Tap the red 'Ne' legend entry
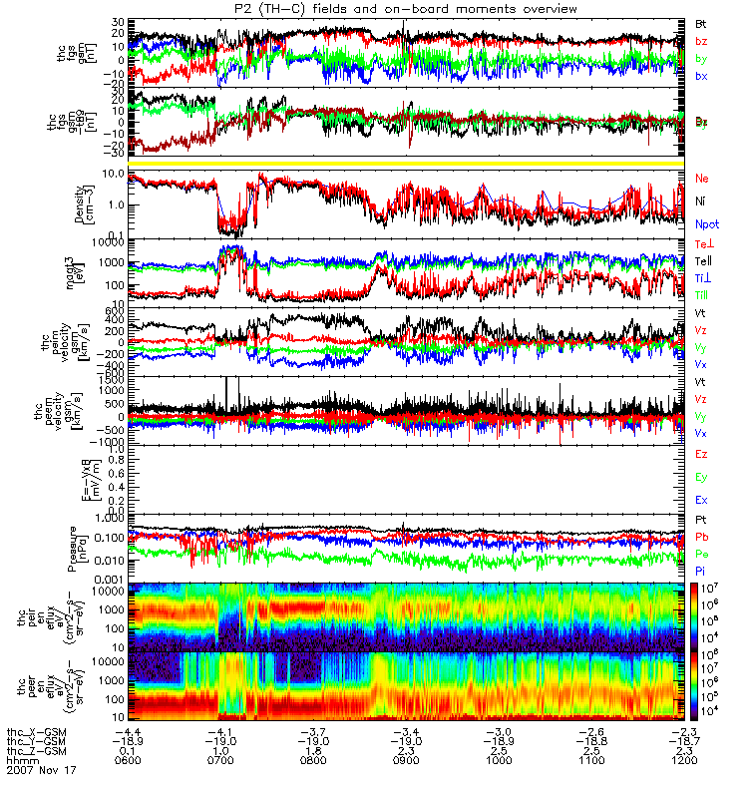coord(702,179)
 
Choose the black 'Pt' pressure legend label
coord(701,521)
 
